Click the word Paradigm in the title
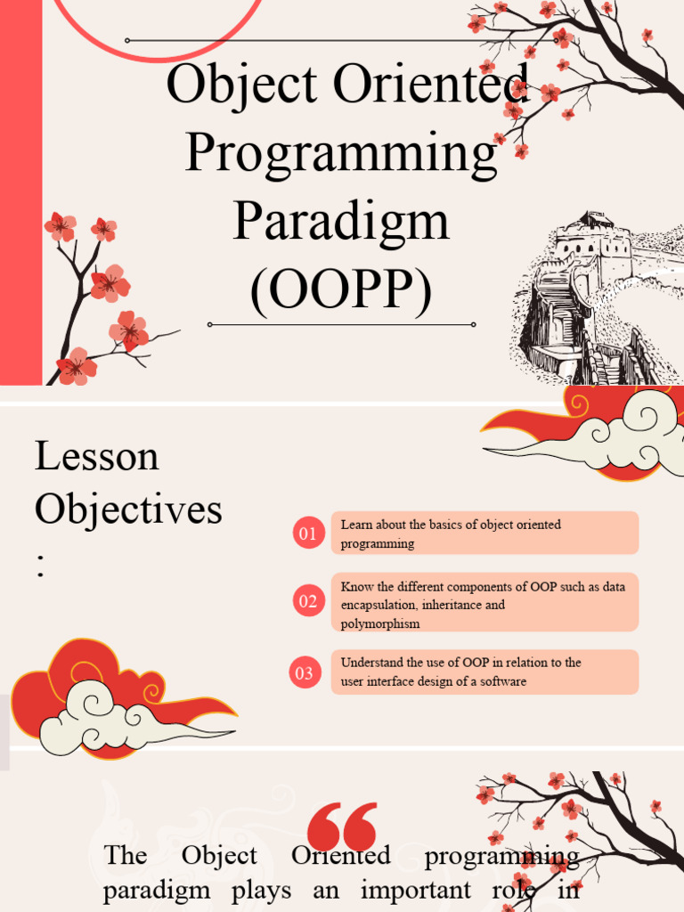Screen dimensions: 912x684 pyautogui.click(x=341, y=223)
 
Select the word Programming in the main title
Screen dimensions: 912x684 pyautogui.click(x=341, y=153)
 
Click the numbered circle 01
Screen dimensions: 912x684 pyautogui.click(x=308, y=533)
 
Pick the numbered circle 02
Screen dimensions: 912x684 pyautogui.click(x=308, y=601)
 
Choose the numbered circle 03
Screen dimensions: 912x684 pyautogui.click(x=305, y=672)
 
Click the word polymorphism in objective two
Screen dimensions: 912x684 pyautogui.click(x=380, y=623)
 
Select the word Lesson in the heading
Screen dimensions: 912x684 pyautogui.click(x=96, y=456)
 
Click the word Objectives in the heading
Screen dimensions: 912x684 pyautogui.click(x=128, y=509)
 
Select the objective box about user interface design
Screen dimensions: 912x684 pyautogui.click(x=484, y=672)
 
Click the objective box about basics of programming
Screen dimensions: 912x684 pyautogui.click(x=484, y=533)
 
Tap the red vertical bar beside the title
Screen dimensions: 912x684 pyautogui.click(x=20, y=191)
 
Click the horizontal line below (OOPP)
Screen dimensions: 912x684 pyautogui.click(x=341, y=324)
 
